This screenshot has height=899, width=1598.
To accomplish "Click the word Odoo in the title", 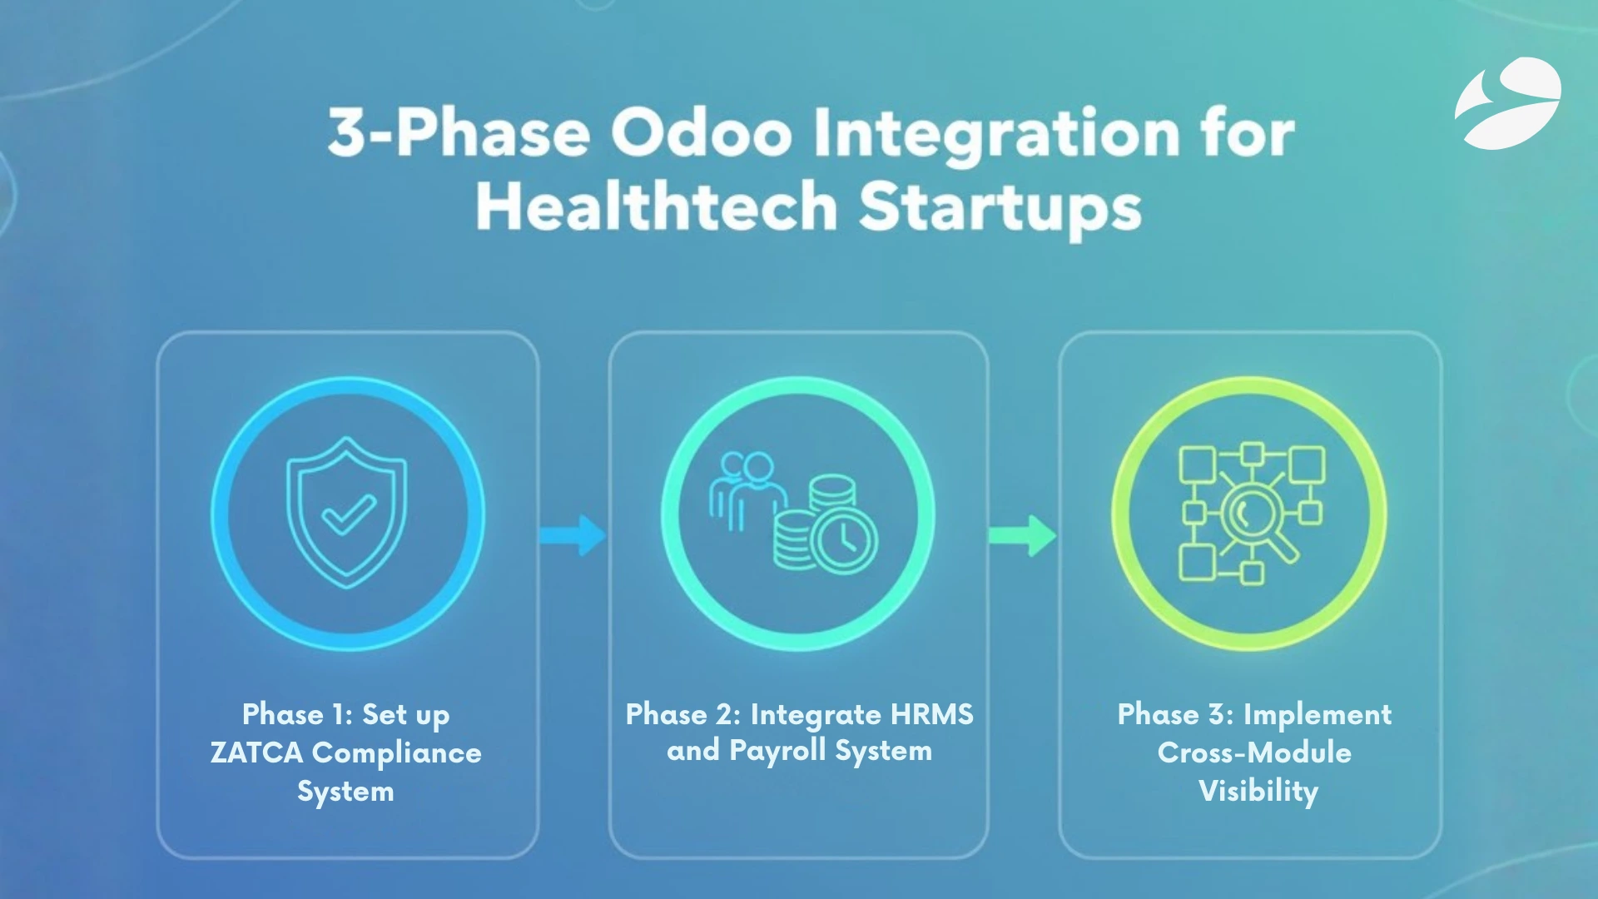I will pyautogui.click(x=701, y=133).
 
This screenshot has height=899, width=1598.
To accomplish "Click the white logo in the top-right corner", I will pyautogui.click(x=1508, y=103).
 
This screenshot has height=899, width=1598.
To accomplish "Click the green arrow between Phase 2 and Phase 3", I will pyautogui.click(x=1022, y=534).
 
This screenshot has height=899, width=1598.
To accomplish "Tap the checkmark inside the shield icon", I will pyautogui.click(x=349, y=514).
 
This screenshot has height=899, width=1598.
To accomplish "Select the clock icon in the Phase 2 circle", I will pyautogui.click(x=844, y=541).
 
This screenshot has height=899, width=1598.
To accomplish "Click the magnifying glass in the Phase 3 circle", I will pyautogui.click(x=1253, y=518).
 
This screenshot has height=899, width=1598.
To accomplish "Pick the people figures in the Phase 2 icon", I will pyautogui.click(x=747, y=489).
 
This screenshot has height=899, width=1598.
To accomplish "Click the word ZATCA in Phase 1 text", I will pyautogui.click(x=256, y=752).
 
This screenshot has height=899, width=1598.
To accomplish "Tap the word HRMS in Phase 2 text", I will pyautogui.click(x=931, y=714).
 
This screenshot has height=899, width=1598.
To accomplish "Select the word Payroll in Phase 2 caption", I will pyautogui.click(x=777, y=751).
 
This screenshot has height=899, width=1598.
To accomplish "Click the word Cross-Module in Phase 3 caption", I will pyautogui.click(x=1254, y=752).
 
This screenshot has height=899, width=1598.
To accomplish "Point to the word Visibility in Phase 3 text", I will pyautogui.click(x=1258, y=791).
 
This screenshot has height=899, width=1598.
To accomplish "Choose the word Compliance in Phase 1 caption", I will pyautogui.click(x=396, y=752).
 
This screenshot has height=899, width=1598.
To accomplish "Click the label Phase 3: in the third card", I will pyautogui.click(x=1175, y=714).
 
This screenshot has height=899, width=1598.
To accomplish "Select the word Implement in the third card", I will pyautogui.click(x=1317, y=714).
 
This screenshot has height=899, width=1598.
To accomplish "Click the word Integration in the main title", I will pyautogui.click(x=995, y=133).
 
